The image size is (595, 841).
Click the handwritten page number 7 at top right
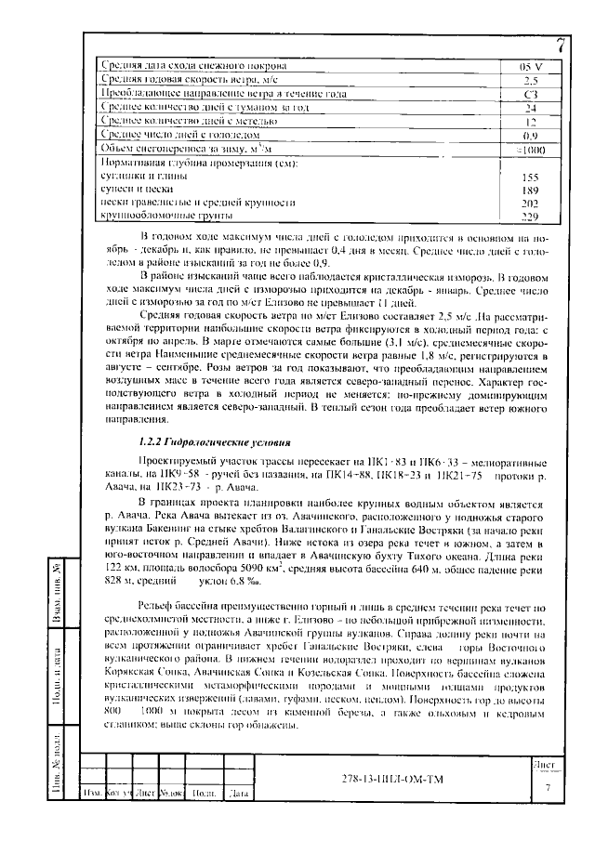[x=561, y=45]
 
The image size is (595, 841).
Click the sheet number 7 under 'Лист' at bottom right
[x=548, y=786]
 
